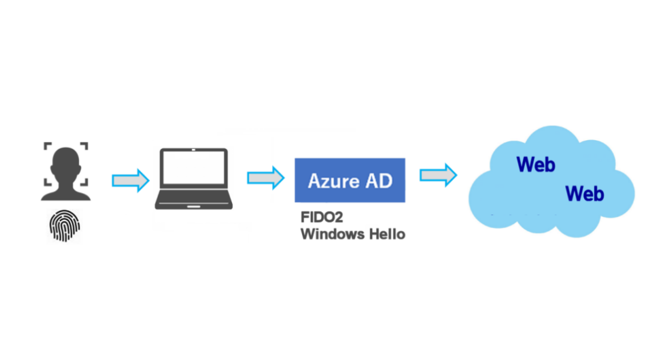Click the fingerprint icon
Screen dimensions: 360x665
pyautogui.click(x=65, y=227)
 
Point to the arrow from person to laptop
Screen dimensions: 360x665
pyautogui.click(x=130, y=180)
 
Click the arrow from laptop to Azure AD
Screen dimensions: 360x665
pyautogui.click(x=265, y=178)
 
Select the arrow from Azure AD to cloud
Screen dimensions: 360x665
pyautogui.click(x=438, y=176)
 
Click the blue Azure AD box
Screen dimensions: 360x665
pyautogui.click(x=350, y=180)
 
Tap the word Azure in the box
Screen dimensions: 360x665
pyautogui.click(x=329, y=181)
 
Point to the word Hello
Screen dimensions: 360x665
pyautogui.click(x=387, y=234)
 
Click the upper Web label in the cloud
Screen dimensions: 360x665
pyautogui.click(x=535, y=164)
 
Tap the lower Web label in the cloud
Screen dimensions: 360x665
pyautogui.click(x=585, y=194)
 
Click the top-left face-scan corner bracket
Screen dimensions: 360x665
pyautogui.click(x=48, y=146)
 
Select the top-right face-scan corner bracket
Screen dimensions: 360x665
pyautogui.click(x=84, y=146)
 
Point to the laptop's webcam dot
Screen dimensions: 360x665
pyautogui.click(x=193, y=150)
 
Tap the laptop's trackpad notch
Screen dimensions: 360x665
pyautogui.click(x=193, y=207)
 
